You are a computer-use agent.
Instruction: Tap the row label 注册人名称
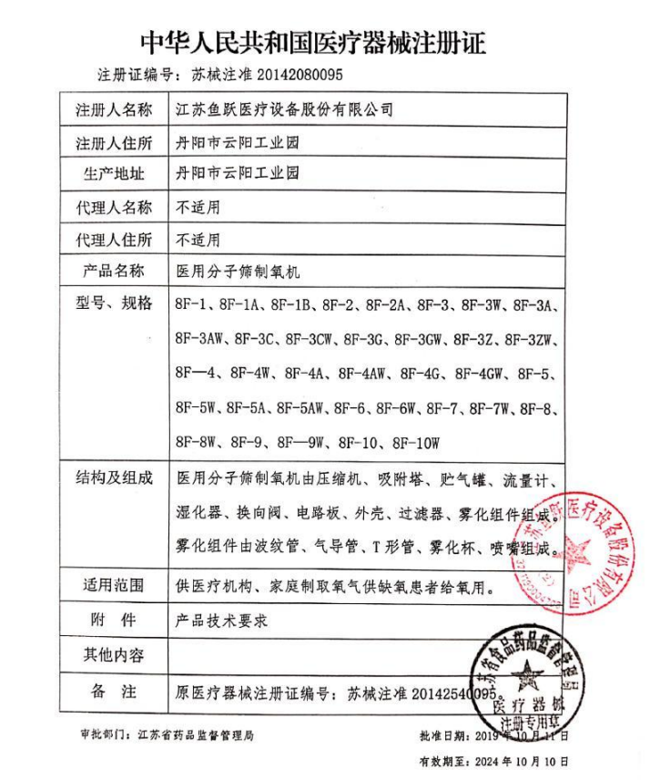point(114,110)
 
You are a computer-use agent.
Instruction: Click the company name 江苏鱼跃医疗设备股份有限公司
point(284,110)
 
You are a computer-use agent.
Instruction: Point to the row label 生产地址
point(114,173)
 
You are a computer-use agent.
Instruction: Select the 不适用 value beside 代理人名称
point(198,207)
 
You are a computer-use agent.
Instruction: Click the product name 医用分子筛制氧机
point(237,272)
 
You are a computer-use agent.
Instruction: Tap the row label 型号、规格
point(114,303)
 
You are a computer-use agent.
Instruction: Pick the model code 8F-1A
point(244,303)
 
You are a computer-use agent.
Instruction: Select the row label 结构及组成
point(114,477)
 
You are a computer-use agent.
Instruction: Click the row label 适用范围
point(114,587)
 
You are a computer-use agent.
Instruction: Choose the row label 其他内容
point(114,655)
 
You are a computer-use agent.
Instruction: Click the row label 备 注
point(114,691)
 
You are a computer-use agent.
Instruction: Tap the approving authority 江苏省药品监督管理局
point(193,734)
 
